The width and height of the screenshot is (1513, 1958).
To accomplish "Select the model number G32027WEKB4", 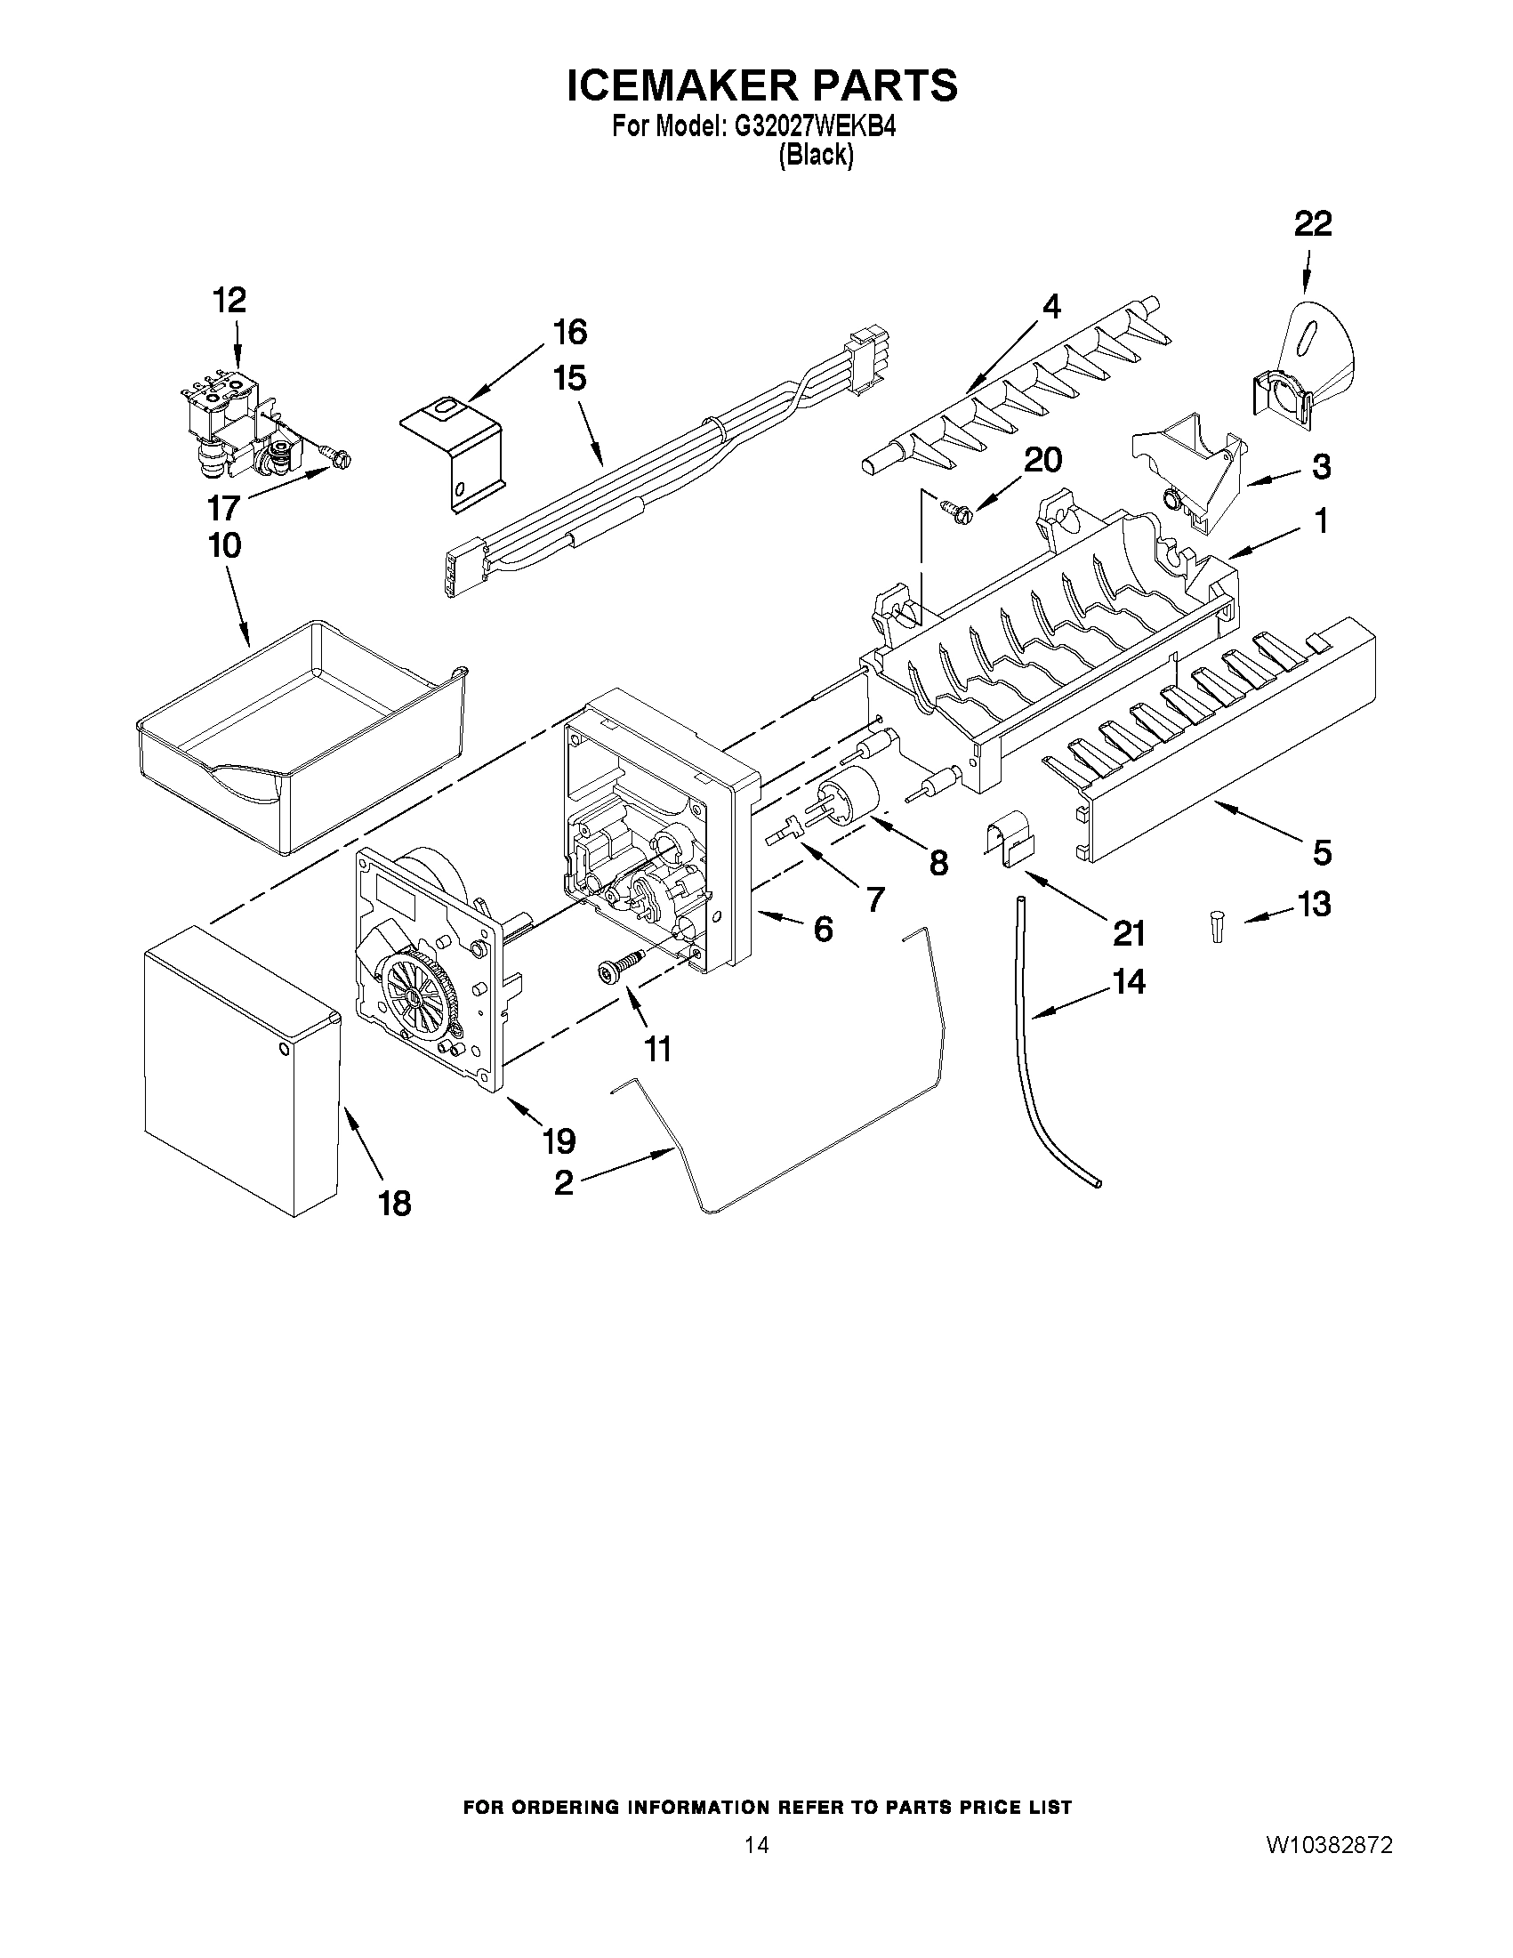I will coord(815,127).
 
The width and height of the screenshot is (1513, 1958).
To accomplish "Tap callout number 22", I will coord(1312,224).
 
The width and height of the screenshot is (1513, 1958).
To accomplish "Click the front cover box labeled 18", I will coord(240,1071).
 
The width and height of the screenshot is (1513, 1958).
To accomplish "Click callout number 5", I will coord(1322,851).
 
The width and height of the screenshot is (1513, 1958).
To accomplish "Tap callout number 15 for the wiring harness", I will coord(569,378).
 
